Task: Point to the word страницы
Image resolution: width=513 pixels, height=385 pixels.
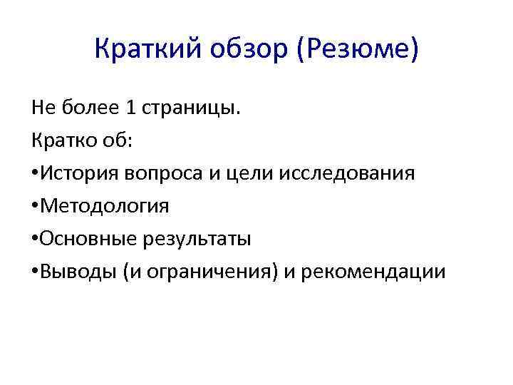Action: tap(192, 108)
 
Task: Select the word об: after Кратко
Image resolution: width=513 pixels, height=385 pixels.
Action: tap(117, 140)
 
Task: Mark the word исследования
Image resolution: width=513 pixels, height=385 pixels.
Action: tap(331, 173)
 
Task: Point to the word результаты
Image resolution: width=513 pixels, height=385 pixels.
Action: tap(195, 240)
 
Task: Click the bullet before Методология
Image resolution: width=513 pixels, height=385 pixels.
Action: tap(35, 206)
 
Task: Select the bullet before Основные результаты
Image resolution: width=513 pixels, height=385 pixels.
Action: tap(35, 239)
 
